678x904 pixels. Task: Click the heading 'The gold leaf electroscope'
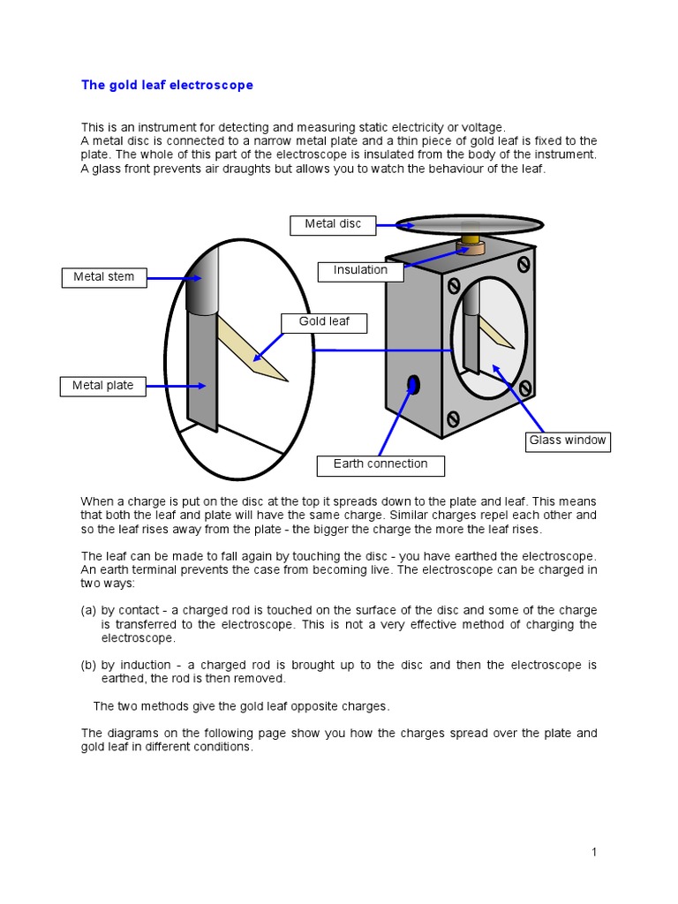167,86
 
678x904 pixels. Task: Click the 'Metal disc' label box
333,224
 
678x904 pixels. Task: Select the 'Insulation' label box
360,270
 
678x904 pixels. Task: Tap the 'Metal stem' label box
103,277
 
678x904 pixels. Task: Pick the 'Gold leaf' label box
323,322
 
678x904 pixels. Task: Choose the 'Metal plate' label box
103,386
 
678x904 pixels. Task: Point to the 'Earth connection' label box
380,464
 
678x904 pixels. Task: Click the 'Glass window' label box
567,441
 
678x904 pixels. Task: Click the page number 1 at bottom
594,852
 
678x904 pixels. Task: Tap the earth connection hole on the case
413,384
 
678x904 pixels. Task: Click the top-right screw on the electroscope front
524,264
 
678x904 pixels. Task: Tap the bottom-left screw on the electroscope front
454,418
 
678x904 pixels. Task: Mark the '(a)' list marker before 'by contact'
88,610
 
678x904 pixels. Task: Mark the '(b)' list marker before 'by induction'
88,665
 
